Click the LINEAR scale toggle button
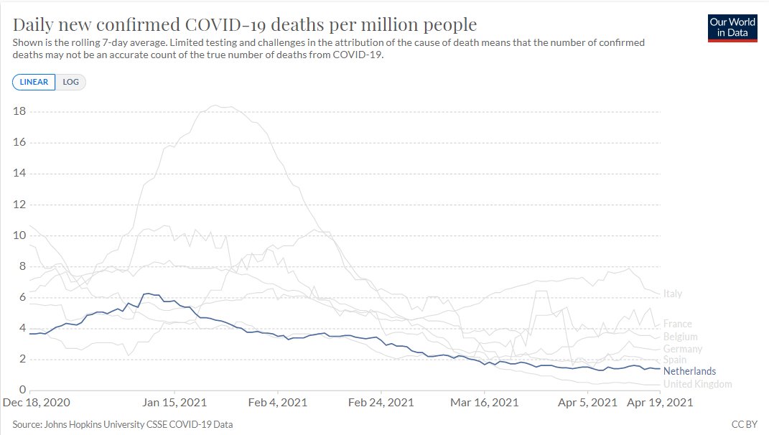click(x=34, y=82)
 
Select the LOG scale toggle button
click(x=71, y=82)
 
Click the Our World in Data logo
click(x=732, y=27)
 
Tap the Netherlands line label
click(x=689, y=371)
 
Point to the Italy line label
click(x=673, y=294)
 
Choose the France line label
click(x=678, y=324)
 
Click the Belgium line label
click(x=680, y=337)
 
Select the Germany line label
click(x=683, y=349)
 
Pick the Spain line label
click(x=675, y=360)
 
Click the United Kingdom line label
click(x=698, y=384)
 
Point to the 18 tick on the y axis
click(x=19, y=111)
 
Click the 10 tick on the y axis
click(x=19, y=235)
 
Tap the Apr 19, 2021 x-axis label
click(x=661, y=403)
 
